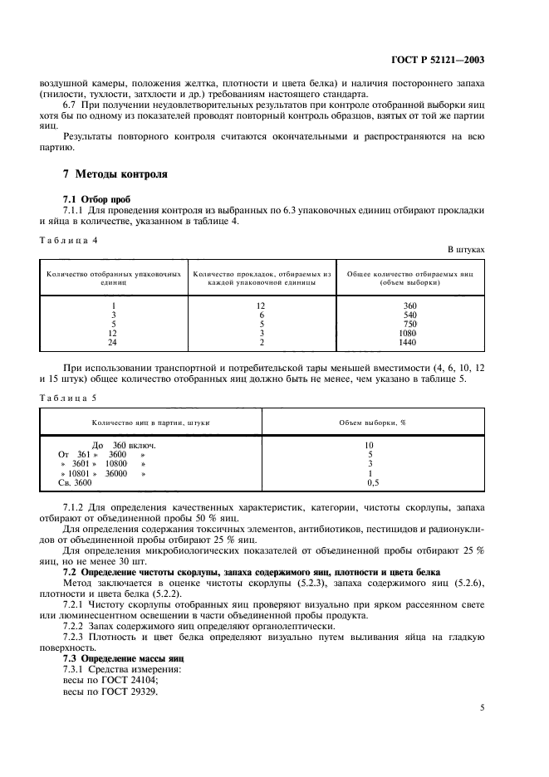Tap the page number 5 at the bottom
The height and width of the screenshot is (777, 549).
coord(483,708)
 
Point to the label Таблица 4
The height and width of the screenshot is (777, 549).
coord(69,239)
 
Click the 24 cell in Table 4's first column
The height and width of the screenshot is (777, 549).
coord(113,342)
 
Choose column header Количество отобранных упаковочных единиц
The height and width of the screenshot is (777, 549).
coord(113,277)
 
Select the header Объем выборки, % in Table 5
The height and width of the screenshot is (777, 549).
coord(371,422)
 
